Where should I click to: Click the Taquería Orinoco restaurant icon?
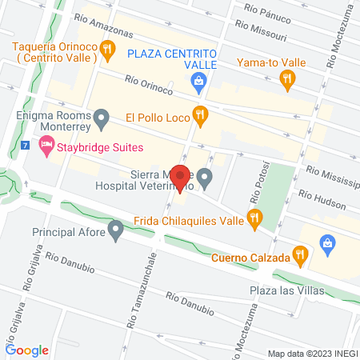[x=106, y=50]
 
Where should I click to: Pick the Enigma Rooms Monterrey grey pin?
[x=102, y=120]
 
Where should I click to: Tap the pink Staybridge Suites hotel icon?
[x=46, y=147]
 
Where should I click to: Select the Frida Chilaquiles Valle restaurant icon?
[x=255, y=216]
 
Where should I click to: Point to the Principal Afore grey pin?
[x=116, y=232]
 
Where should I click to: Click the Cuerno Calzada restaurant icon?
[x=301, y=255]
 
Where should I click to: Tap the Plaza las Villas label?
[x=286, y=290]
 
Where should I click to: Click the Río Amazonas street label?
[x=102, y=24]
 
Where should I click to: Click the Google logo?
[x=26, y=350]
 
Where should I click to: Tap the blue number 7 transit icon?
[x=26, y=146]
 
